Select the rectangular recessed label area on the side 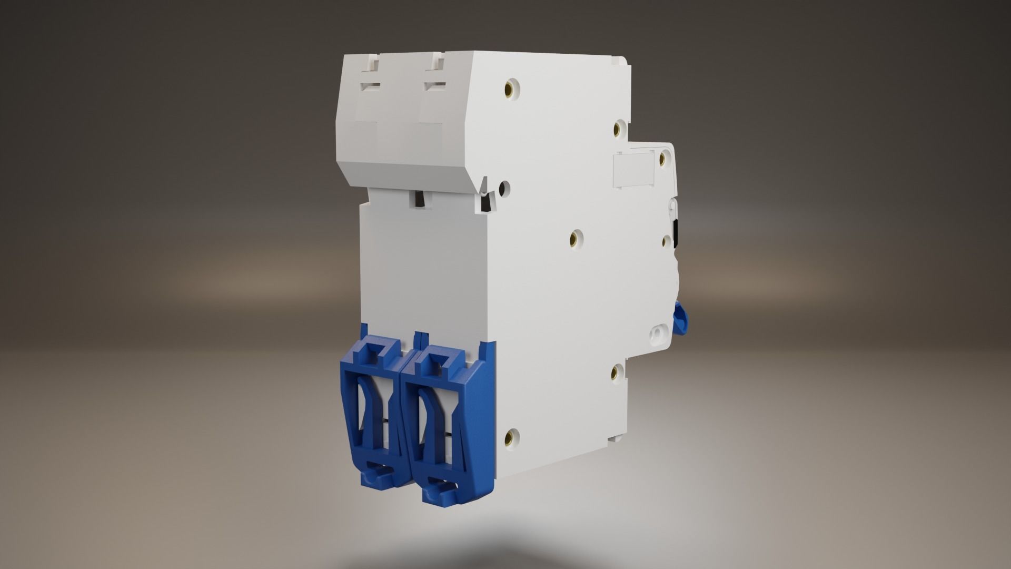pyautogui.click(x=634, y=170)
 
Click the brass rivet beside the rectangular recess pyautogui.click(x=665, y=156)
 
